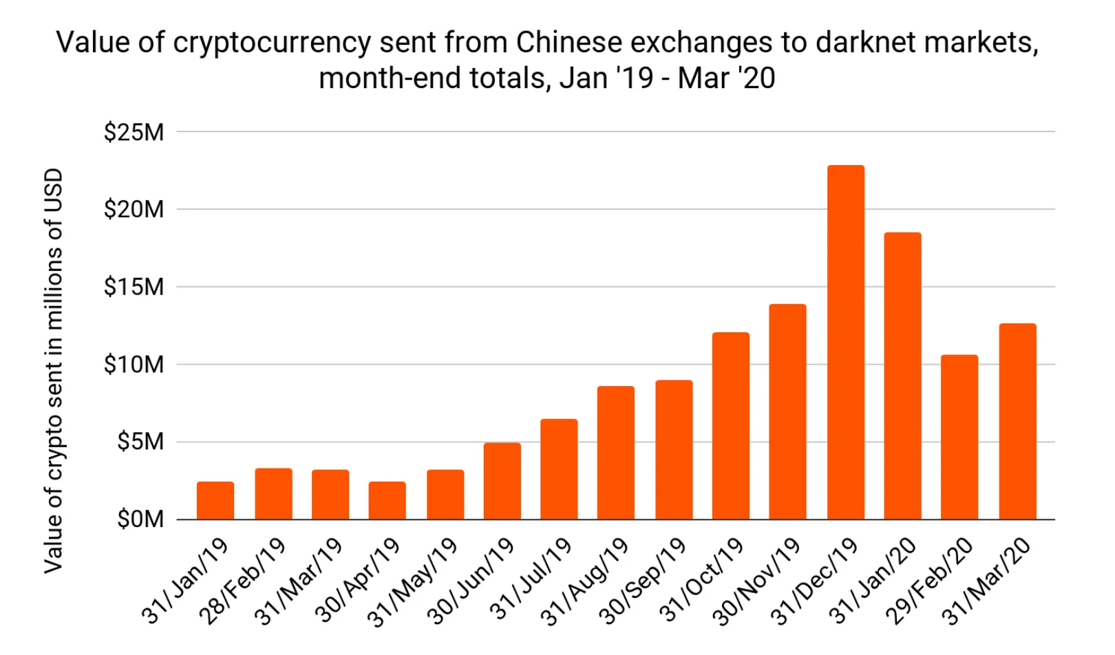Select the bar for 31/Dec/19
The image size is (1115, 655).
(x=845, y=343)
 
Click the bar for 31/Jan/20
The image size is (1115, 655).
(x=902, y=376)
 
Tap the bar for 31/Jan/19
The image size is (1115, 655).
(x=215, y=501)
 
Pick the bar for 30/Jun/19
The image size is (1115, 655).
(x=502, y=482)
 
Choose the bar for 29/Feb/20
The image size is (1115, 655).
(x=959, y=438)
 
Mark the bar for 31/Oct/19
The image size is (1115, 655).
(x=730, y=426)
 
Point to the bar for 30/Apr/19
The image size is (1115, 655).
(x=387, y=501)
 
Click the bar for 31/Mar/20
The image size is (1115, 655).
(x=1017, y=422)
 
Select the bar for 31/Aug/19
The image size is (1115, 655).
(x=615, y=453)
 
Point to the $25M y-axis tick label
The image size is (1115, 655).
(x=134, y=131)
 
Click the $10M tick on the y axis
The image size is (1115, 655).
(x=134, y=365)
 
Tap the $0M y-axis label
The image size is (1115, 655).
(x=140, y=519)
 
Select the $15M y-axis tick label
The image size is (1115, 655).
(x=134, y=287)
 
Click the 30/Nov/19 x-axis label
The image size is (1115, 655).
(x=757, y=582)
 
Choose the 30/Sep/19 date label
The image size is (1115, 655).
(x=643, y=582)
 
